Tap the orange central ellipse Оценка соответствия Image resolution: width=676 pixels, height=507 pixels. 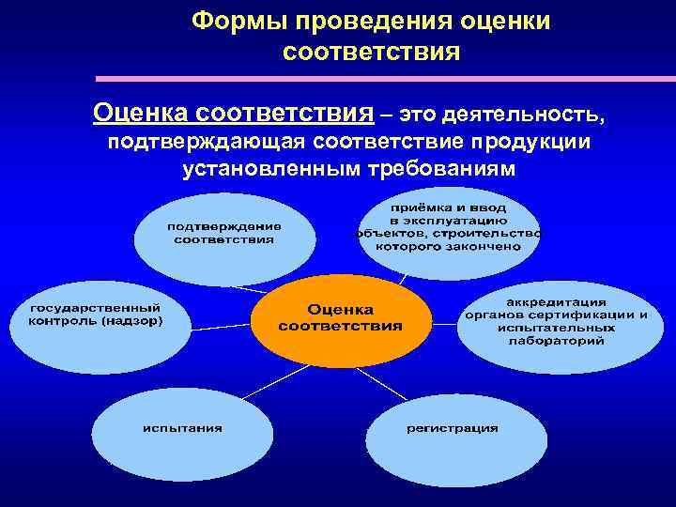pos(339,319)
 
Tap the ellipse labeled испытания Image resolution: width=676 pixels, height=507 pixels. pos(182,429)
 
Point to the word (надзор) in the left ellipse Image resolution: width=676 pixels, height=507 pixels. pos(131,321)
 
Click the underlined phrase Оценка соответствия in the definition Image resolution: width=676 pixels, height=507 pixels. pos(232,115)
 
